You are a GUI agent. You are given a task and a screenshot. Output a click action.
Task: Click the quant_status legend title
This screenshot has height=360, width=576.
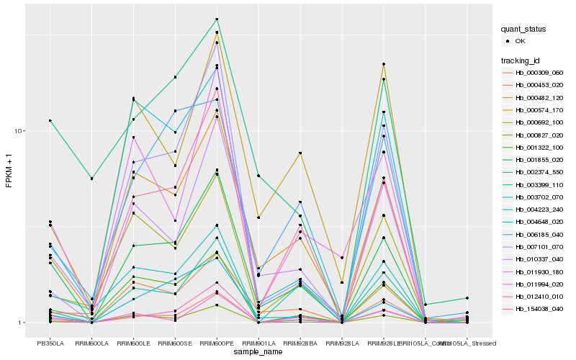click(x=524, y=29)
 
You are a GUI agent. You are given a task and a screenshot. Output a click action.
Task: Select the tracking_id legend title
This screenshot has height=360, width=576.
click(x=522, y=60)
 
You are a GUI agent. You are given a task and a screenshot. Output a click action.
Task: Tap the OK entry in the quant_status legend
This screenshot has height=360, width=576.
click(x=520, y=41)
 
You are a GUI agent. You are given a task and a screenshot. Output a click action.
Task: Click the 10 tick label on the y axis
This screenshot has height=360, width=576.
click(x=20, y=131)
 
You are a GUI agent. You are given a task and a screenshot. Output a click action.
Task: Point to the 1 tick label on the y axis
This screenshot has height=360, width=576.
click(x=22, y=323)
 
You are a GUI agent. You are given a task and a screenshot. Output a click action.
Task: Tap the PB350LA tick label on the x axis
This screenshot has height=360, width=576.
click(x=50, y=343)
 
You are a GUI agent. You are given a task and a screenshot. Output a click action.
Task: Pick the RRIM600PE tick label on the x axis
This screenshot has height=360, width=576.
click(x=217, y=343)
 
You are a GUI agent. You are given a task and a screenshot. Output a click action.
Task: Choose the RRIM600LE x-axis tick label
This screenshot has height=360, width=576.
click(x=133, y=343)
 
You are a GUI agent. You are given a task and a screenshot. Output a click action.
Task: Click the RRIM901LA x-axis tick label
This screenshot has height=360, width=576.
click(x=258, y=343)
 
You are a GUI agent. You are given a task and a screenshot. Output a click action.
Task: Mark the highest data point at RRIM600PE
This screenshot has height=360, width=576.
click(x=217, y=19)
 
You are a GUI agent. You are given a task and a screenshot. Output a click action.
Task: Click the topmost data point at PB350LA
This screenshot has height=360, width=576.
click(x=50, y=120)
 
